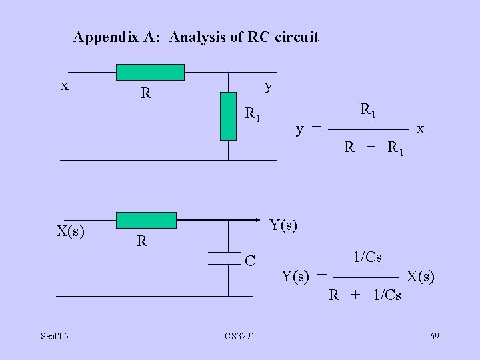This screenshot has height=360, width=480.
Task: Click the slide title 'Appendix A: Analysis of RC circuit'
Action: [195, 37]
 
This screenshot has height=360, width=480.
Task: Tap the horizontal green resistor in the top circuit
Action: [150, 72]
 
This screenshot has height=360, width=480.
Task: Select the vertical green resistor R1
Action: [228, 116]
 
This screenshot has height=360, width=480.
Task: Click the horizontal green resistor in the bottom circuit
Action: [146, 220]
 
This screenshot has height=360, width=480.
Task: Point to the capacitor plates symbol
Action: [224, 259]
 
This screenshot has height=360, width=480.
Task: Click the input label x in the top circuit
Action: [64, 85]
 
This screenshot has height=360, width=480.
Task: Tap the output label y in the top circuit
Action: [268, 85]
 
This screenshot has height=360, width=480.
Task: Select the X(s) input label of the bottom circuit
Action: [70, 231]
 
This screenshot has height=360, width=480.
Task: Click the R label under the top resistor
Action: [145, 93]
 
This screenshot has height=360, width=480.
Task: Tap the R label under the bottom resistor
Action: [141, 241]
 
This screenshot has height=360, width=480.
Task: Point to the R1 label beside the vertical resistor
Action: [252, 114]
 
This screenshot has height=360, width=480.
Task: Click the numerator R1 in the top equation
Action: [368, 110]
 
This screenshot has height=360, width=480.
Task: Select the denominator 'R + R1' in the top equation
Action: [374, 147]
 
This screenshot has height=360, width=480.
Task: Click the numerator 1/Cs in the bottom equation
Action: [367, 257]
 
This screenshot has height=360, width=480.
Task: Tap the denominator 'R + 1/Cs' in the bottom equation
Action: [365, 295]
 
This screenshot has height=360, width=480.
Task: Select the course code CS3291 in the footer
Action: [239, 335]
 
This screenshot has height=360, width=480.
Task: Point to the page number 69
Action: [434, 335]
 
